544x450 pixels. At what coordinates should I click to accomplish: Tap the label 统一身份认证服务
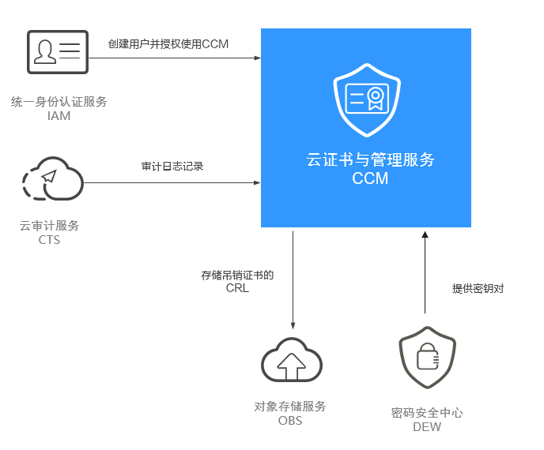[59, 102]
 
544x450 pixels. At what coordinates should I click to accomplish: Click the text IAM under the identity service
[59, 116]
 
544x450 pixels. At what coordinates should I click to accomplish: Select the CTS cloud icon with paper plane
[52, 181]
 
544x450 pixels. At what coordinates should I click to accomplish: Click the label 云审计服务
[49, 226]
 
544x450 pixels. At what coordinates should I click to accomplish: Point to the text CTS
[49, 240]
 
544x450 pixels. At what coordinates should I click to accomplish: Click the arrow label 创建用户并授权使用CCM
[168, 44]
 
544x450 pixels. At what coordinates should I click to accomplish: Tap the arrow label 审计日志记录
[172, 167]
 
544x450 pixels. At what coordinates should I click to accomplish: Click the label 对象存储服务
[290, 407]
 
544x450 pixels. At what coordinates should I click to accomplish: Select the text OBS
[290, 421]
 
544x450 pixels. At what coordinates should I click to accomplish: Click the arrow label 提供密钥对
[478, 289]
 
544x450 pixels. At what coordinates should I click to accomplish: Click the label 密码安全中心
[427, 413]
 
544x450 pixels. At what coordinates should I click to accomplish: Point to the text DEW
[427, 427]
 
